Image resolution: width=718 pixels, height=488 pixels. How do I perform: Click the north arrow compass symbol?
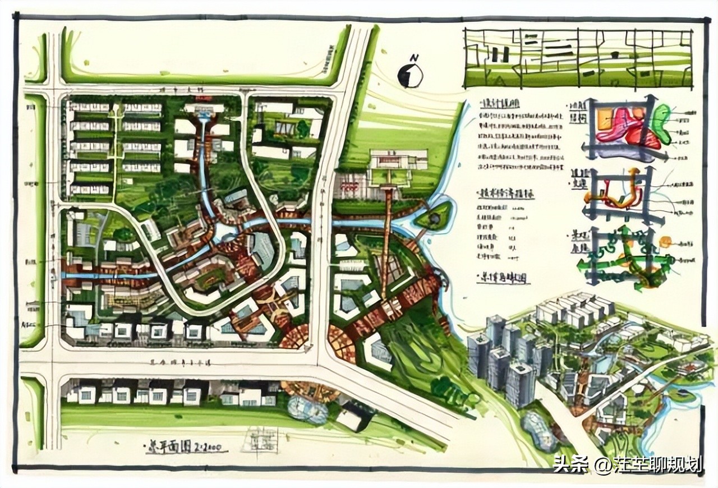pyautogui.click(x=411, y=76)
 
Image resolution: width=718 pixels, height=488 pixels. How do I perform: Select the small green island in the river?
pyautogui.click(x=434, y=216)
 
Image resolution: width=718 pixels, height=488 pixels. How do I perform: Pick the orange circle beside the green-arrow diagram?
pyautogui.click(x=665, y=242)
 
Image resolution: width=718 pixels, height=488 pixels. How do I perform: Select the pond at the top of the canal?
pyautogui.click(x=204, y=116)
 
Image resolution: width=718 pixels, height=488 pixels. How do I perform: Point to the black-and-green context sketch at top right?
pyautogui.click(x=578, y=58)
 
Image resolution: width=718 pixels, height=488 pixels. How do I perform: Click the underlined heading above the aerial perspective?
pyautogui.click(x=503, y=279)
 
